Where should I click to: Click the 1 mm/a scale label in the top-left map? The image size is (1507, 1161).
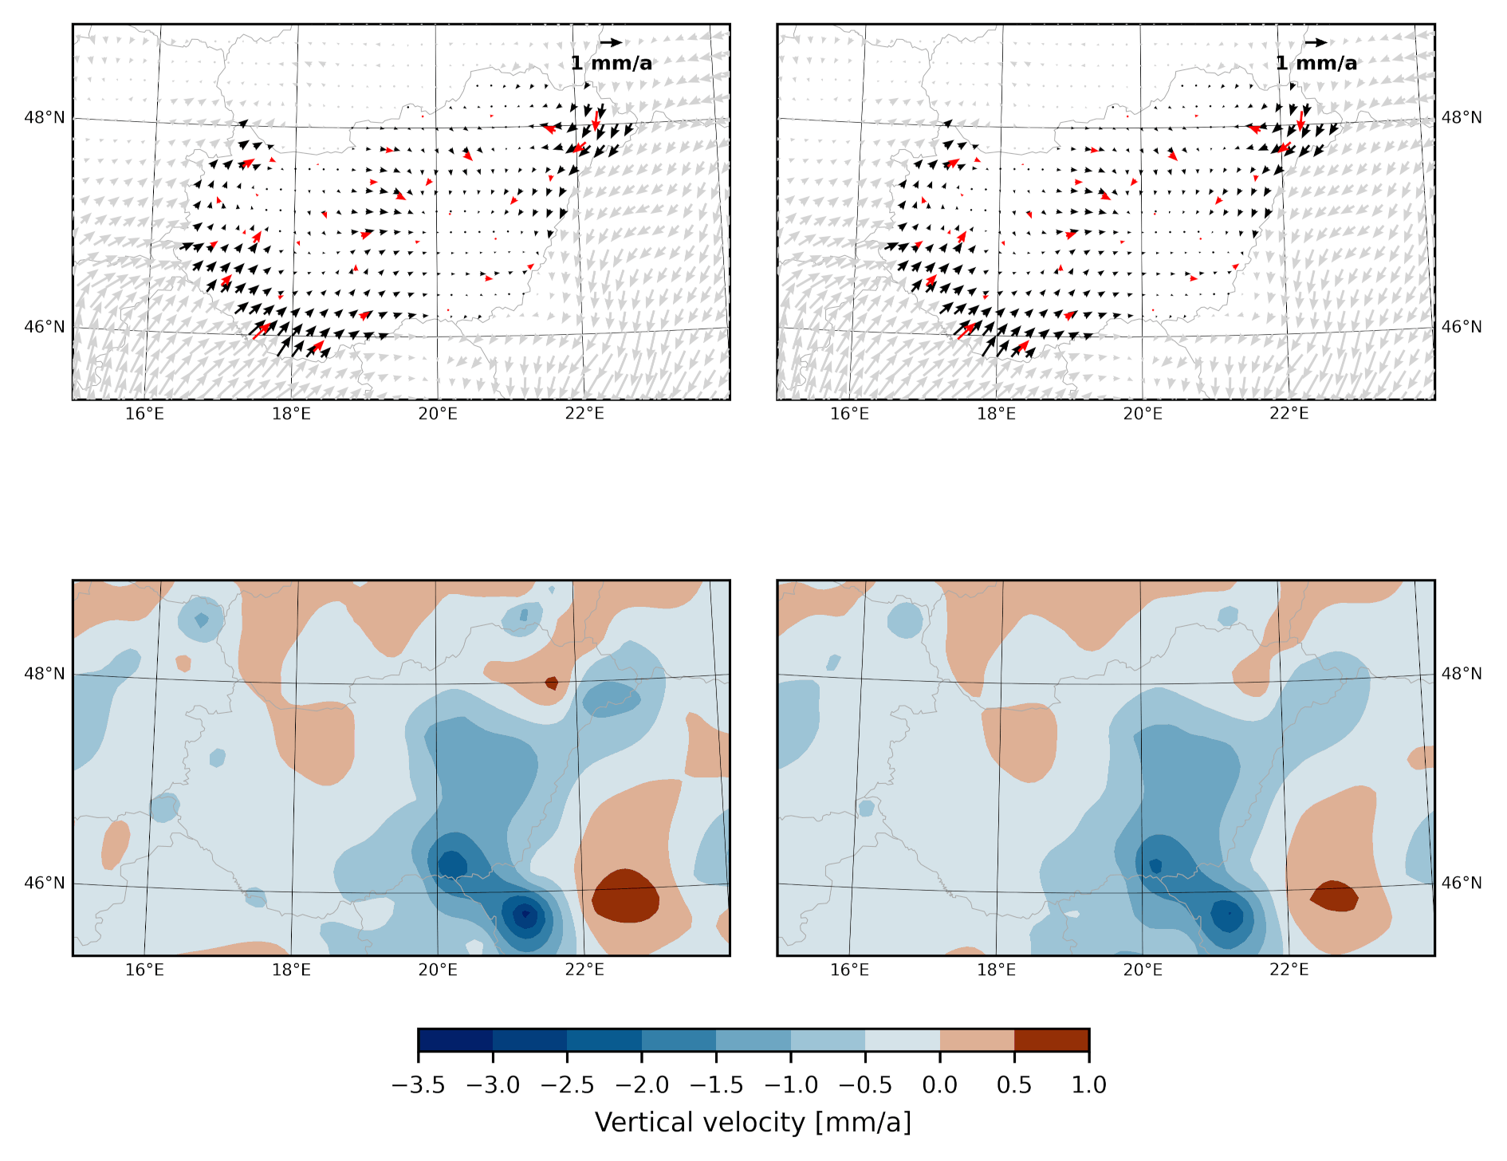pyautogui.click(x=612, y=64)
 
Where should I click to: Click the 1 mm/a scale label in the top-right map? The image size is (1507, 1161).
pyautogui.click(x=1316, y=64)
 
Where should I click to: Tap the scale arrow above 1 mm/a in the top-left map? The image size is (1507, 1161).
pyautogui.click(x=611, y=42)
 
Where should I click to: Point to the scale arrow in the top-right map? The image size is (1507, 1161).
pyautogui.click(x=1316, y=42)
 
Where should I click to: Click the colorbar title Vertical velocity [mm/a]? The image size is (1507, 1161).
pyautogui.click(x=753, y=1123)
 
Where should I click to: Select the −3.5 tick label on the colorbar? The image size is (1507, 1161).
pyautogui.click(x=418, y=1085)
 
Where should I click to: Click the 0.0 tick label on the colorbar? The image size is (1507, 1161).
pyautogui.click(x=940, y=1085)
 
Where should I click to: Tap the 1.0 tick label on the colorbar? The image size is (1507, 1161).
pyautogui.click(x=1088, y=1085)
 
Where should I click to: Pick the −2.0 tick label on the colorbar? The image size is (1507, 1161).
pyautogui.click(x=642, y=1085)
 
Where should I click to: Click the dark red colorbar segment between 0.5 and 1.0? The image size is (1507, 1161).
pyautogui.click(x=1052, y=1041)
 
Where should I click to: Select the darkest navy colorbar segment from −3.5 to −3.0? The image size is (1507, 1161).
pyautogui.click(x=455, y=1041)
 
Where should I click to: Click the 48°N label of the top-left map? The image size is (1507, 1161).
pyautogui.click(x=45, y=118)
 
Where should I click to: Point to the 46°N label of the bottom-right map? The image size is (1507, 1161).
pyautogui.click(x=1462, y=883)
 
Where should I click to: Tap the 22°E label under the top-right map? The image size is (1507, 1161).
pyautogui.click(x=1289, y=414)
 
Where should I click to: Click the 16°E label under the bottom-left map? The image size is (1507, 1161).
pyautogui.click(x=144, y=970)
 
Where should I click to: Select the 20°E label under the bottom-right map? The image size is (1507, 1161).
pyautogui.click(x=1143, y=970)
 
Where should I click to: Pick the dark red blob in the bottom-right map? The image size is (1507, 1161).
pyautogui.click(x=1334, y=895)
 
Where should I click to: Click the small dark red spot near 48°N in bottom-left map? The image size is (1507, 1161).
pyautogui.click(x=552, y=683)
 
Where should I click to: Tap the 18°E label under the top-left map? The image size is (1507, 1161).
pyautogui.click(x=291, y=414)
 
